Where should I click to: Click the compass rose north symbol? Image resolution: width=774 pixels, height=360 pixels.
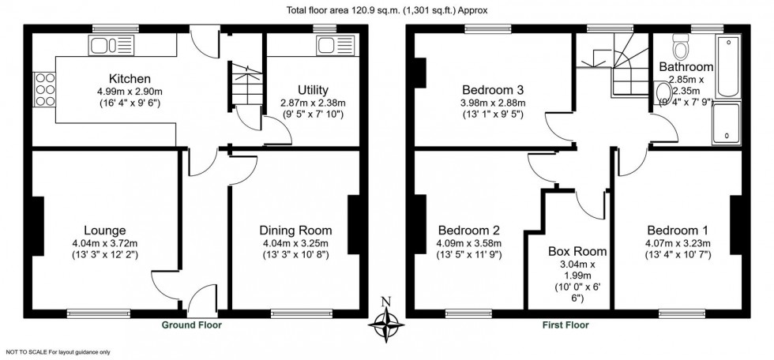(x=386, y=321)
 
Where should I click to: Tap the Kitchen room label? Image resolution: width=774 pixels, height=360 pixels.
(x=130, y=79)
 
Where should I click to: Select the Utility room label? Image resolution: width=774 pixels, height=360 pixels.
(x=314, y=90)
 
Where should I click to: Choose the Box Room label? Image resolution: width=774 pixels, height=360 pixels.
(x=577, y=252)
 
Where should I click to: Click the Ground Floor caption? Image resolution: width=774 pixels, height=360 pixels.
(x=192, y=324)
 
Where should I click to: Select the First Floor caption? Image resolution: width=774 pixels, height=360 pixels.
(x=565, y=324)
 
